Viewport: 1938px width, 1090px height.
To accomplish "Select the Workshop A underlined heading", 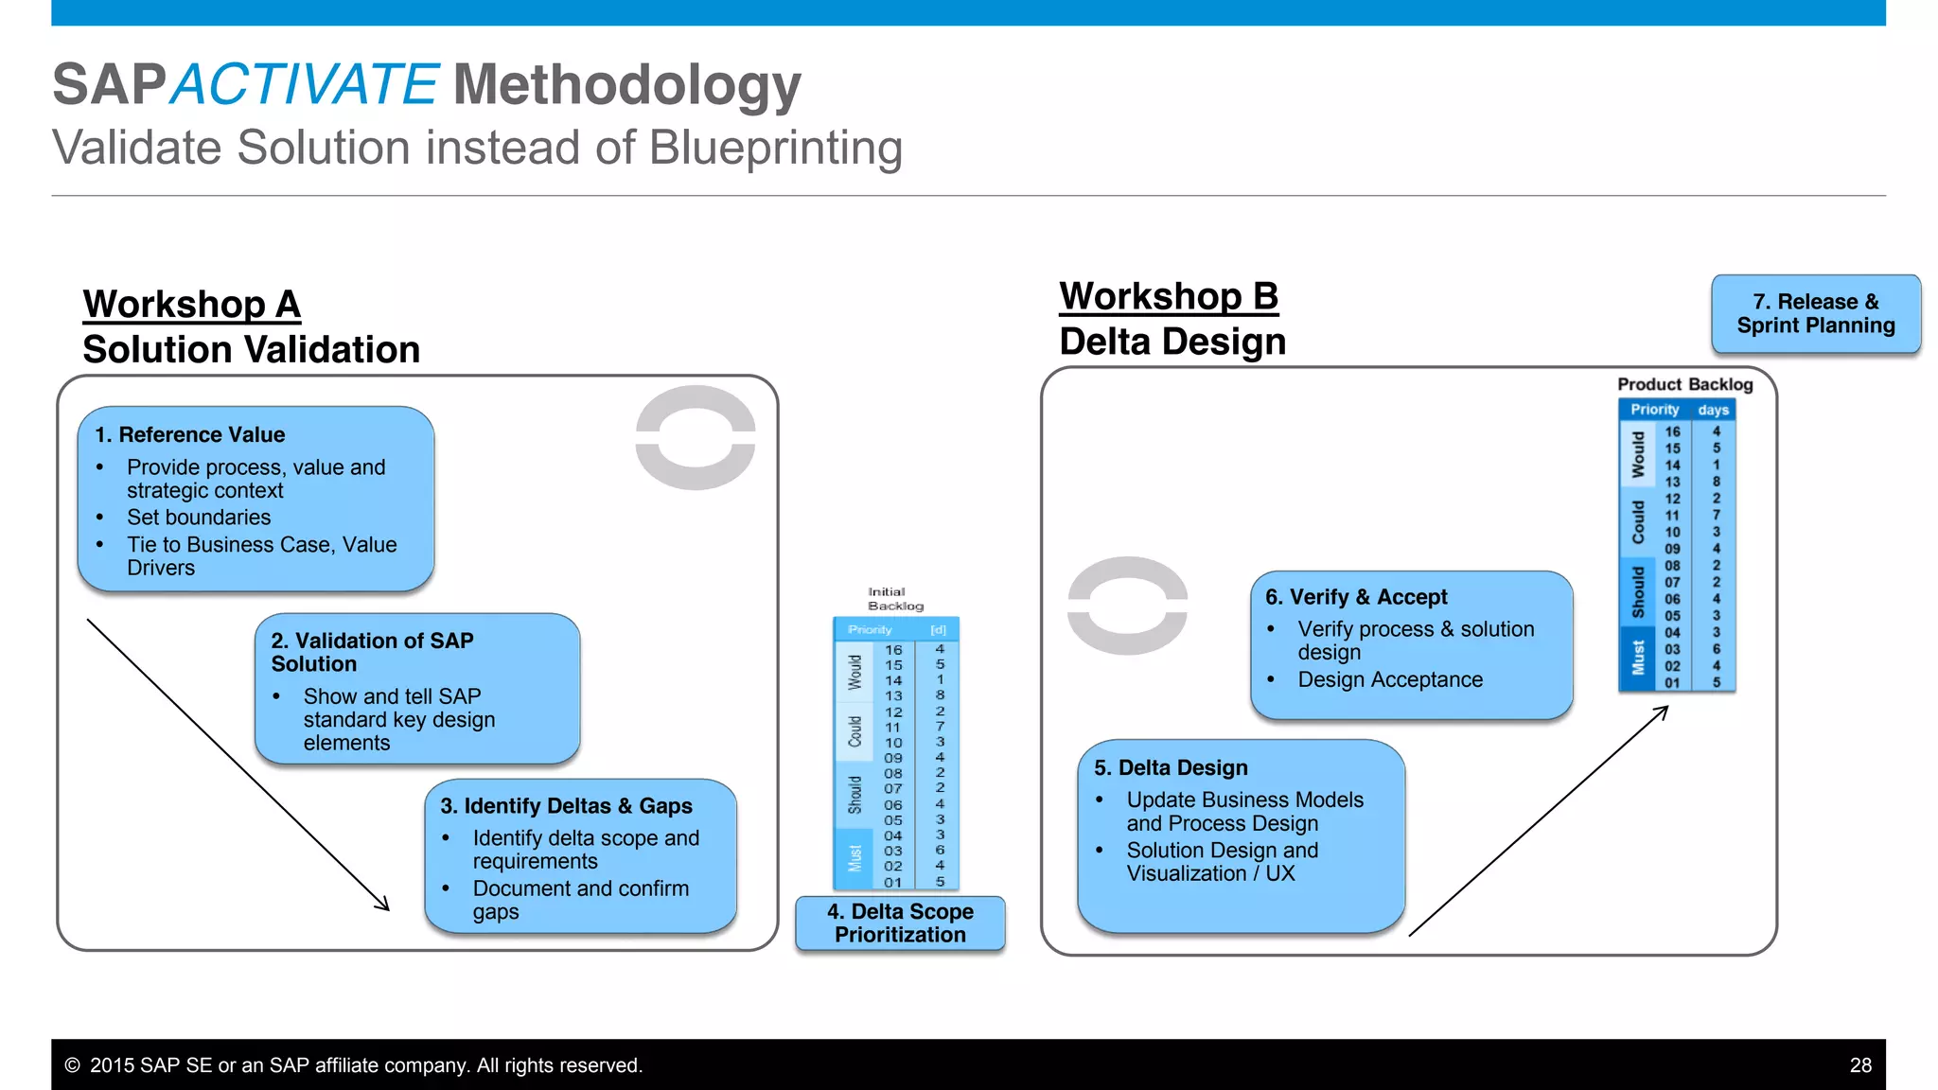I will click(192, 305).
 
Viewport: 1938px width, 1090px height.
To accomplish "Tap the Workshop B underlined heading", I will click(1169, 297).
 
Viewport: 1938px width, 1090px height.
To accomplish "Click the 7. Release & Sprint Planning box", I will click(1815, 314).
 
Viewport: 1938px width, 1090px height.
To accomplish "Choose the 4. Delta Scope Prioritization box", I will click(900, 923).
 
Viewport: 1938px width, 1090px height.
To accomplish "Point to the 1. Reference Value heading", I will click(190, 434).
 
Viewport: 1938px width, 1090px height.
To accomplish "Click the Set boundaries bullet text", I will click(199, 518).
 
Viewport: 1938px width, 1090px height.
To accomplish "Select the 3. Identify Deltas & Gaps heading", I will click(566, 806).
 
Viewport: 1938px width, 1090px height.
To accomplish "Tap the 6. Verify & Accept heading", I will click(1356, 597).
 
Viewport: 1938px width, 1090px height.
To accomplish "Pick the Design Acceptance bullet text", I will click(1390, 679).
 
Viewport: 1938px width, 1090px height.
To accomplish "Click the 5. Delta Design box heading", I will click(1171, 767).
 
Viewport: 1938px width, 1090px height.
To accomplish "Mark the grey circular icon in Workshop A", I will click(696, 437).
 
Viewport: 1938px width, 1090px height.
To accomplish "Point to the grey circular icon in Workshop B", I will click(1127, 606).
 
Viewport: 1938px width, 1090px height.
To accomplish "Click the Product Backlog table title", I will click(1684, 384).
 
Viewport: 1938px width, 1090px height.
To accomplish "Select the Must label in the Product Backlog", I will click(1638, 658).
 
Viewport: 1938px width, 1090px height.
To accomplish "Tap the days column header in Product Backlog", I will click(1713, 410).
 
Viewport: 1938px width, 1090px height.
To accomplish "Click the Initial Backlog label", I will click(894, 599).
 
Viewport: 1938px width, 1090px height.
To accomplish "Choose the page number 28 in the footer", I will click(1860, 1065).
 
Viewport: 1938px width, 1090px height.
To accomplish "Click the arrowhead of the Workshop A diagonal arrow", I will click(384, 905).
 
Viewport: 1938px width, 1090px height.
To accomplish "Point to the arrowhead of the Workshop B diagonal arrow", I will click(1663, 711).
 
